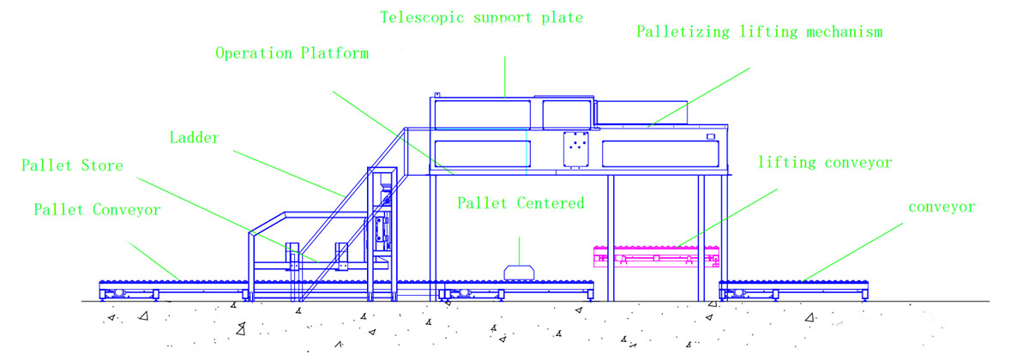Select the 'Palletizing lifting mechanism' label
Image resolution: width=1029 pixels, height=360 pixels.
pyautogui.click(x=760, y=33)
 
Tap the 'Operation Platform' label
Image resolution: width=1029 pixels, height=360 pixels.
pyautogui.click(x=292, y=53)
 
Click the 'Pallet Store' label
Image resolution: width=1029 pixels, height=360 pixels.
pyautogui.click(x=73, y=165)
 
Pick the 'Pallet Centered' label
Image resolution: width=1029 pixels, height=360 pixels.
pyautogui.click(x=520, y=203)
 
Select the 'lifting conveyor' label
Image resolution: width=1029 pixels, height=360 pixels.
pyautogui.click(x=825, y=162)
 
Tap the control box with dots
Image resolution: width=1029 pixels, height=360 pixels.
pyautogui.click(x=575, y=148)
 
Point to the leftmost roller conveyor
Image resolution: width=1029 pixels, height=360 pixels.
pyautogui.click(x=171, y=286)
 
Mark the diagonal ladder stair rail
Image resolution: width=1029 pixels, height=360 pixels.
pyautogui.click(x=343, y=214)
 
